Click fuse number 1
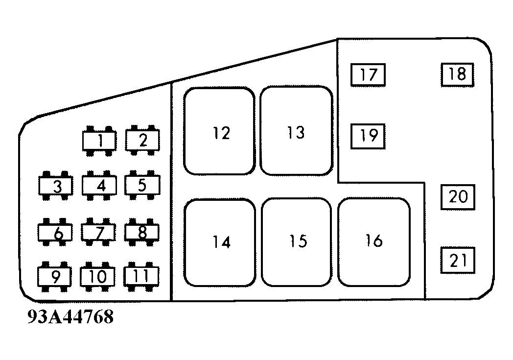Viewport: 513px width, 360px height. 99,141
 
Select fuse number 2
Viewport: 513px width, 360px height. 142,141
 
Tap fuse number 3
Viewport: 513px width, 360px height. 56,186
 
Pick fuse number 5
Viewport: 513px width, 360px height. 142,185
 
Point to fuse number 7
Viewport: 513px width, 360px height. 99,232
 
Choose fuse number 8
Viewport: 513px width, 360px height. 142,232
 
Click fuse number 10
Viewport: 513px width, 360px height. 98,277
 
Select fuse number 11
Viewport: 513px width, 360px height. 141,276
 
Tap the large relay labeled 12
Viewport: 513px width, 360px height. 219,131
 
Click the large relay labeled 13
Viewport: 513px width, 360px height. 296,131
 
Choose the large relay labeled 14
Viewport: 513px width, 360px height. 220,242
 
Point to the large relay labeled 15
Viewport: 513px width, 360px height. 297,242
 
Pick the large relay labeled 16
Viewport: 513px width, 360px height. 374,241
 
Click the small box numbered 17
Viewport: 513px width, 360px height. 368,75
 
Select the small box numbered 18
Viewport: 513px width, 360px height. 458,74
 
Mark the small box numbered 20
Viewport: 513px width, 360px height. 458,197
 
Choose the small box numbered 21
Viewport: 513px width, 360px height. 458,260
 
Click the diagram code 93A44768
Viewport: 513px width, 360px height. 71,317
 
